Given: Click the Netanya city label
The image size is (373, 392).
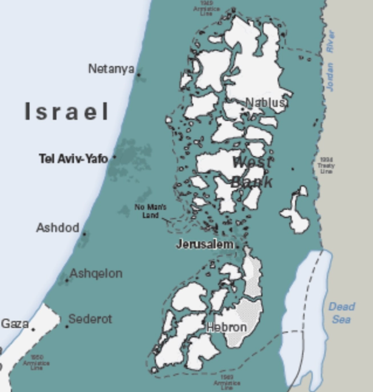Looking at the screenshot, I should (x=111, y=69).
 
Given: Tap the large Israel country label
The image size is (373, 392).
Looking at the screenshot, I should (x=67, y=112).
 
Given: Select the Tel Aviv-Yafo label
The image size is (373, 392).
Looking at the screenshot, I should (x=73, y=159).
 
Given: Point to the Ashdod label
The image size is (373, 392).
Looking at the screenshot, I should (x=58, y=228).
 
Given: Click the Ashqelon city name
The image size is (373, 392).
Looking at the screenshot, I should (x=95, y=273).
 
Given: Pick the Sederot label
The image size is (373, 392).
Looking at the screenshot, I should (x=90, y=319).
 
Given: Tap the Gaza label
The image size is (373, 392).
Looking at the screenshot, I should (x=15, y=323).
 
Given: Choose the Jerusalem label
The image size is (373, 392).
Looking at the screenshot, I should (x=205, y=244).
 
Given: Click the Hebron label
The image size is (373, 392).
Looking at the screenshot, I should (x=227, y=328).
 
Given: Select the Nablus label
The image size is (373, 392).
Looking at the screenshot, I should (x=265, y=103).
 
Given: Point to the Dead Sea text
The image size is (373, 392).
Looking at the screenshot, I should (x=341, y=312).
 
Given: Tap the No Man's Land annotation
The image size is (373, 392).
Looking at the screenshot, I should (x=150, y=211).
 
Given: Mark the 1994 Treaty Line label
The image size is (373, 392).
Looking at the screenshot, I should (x=326, y=165).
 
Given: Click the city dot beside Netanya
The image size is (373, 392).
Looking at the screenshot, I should (x=139, y=75).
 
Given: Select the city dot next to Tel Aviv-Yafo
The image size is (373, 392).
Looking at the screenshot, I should (x=114, y=157).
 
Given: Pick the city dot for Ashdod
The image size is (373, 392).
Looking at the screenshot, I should (x=84, y=234).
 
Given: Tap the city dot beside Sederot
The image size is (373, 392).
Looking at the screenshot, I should (x=67, y=326).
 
